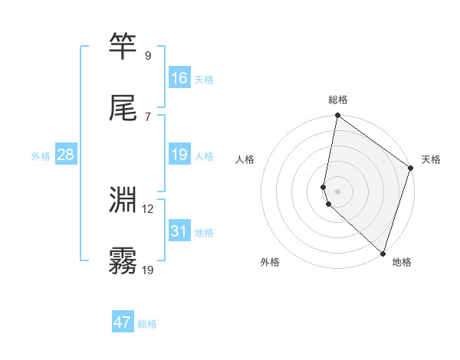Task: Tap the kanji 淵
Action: (x=123, y=201)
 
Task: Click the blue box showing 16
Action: (x=179, y=78)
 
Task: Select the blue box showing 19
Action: (x=179, y=155)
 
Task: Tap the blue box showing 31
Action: (x=179, y=231)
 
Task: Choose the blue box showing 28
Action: (x=66, y=155)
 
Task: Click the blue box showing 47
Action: (x=123, y=322)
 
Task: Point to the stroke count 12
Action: (x=148, y=208)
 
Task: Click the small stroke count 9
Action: (x=147, y=55)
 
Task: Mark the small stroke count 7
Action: (x=147, y=116)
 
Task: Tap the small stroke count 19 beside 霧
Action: (x=148, y=270)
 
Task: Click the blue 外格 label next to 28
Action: (x=41, y=156)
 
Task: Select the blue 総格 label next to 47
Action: (x=147, y=324)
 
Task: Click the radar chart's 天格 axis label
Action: (x=431, y=159)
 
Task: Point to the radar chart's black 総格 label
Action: (x=338, y=100)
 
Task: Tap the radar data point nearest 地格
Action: (x=383, y=253)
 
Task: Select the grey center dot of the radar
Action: (x=337, y=191)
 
